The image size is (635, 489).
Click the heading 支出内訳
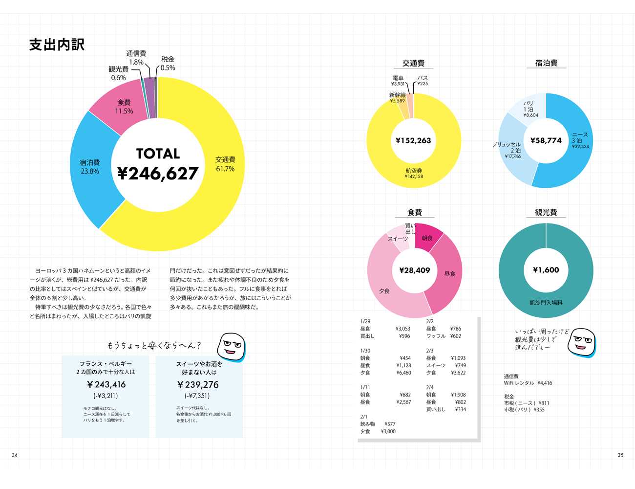tap(57, 44)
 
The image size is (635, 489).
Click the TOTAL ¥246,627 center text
tap(158, 164)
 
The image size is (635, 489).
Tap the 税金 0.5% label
tap(168, 64)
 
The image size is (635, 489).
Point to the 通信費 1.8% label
tap(136, 58)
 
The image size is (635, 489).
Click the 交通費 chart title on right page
tap(413, 63)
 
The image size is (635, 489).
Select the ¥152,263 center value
tap(413, 141)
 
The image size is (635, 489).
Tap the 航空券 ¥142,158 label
tap(414, 174)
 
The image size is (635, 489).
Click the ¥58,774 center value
tap(546, 141)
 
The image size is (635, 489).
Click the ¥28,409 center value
tap(414, 270)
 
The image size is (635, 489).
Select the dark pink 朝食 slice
tap(427, 238)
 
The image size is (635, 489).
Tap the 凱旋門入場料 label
tap(546, 303)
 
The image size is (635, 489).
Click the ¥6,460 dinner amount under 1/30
tap(403, 373)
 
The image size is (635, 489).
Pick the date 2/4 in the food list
tap(430, 387)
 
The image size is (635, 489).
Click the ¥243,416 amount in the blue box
tap(106, 385)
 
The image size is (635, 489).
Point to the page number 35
tap(620, 455)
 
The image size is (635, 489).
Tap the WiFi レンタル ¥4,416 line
tap(528, 383)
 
